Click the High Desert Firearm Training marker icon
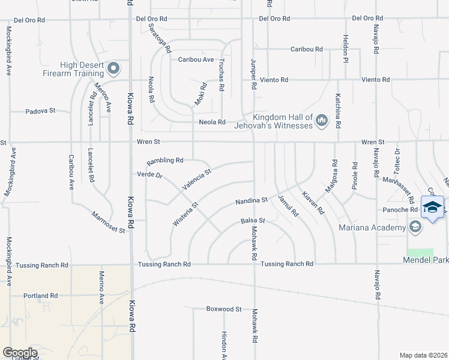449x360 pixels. [113, 70]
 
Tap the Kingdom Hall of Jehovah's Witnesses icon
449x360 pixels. [322, 121]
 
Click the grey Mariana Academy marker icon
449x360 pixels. [415, 227]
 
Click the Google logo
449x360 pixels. [20, 353]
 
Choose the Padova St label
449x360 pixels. [40, 111]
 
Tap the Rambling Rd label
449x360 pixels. [165, 161]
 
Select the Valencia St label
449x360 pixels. [197, 179]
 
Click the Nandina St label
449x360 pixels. [252, 199]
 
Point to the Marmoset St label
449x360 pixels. [108, 221]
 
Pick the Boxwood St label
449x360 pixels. [223, 310]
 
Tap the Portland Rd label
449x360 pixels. [41, 296]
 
